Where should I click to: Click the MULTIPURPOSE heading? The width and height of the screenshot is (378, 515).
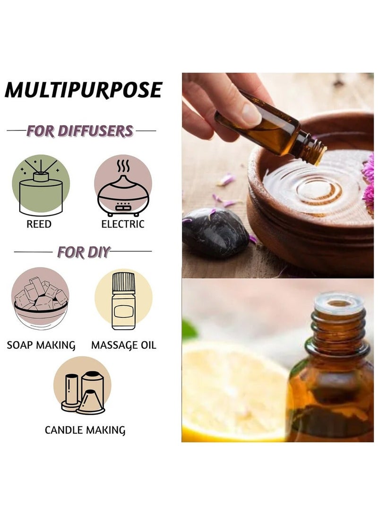point(84,90)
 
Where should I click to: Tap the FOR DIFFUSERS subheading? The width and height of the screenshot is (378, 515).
point(79,130)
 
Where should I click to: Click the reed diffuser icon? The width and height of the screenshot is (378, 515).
point(41,186)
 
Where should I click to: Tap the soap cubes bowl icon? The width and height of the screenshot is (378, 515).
point(40,300)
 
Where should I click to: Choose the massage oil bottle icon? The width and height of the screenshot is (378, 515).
point(123,300)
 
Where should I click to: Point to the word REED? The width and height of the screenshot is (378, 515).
point(39,224)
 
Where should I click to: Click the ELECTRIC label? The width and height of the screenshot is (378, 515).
point(123,224)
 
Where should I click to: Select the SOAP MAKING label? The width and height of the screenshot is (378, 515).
point(41,345)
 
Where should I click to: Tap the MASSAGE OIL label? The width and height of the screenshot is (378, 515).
point(123,345)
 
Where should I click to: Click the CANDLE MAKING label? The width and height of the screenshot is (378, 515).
point(85,430)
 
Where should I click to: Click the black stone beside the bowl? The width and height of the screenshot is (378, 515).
point(215,232)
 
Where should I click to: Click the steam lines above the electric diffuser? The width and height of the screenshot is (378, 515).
point(123,167)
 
